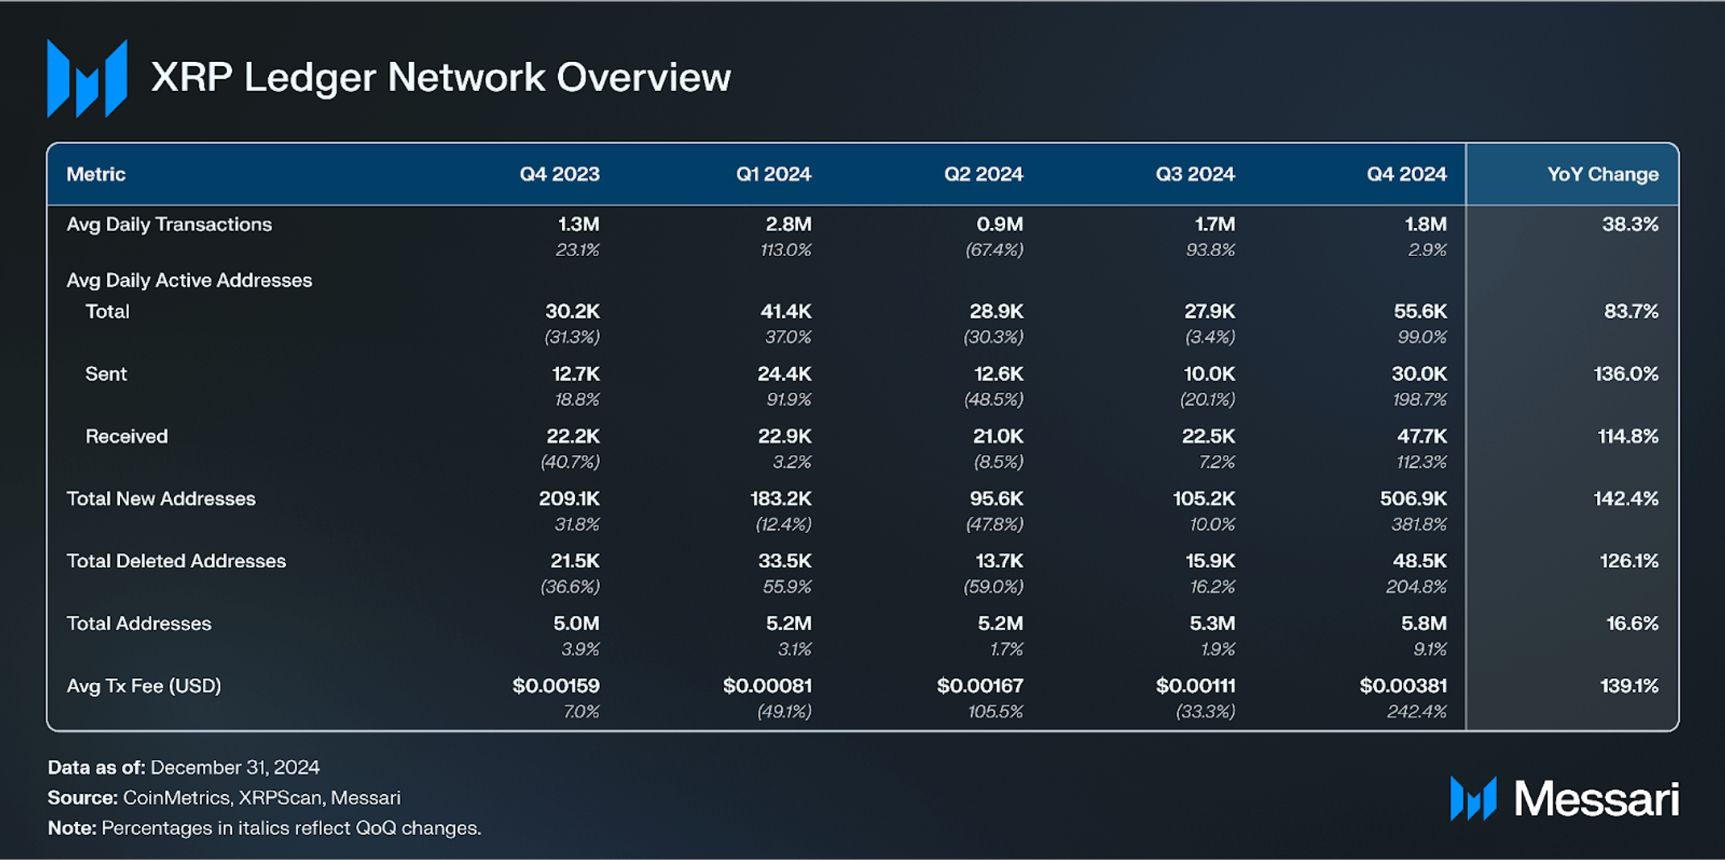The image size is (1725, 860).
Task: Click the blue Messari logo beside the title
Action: coord(87,78)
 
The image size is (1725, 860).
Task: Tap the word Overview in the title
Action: coord(643,78)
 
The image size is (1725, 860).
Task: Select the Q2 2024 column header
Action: coord(982,174)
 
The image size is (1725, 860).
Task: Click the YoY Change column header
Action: coord(1602,174)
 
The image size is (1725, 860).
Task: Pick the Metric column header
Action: coord(96,174)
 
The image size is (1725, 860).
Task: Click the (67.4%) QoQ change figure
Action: coord(994,250)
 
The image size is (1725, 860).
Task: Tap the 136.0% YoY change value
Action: coord(1625,374)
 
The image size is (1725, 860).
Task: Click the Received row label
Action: coord(126,436)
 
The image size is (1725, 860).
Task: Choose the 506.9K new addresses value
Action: coord(1413,498)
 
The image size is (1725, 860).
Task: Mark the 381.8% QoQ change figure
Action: coord(1418,524)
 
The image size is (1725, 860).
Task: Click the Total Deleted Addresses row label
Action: coord(176,560)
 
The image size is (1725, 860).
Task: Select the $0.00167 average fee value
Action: coord(979,685)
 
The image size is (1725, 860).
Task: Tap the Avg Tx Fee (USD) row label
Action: coord(143,685)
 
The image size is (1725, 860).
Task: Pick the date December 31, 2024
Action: coord(234,767)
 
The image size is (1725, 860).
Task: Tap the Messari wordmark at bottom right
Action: coord(1595,799)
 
